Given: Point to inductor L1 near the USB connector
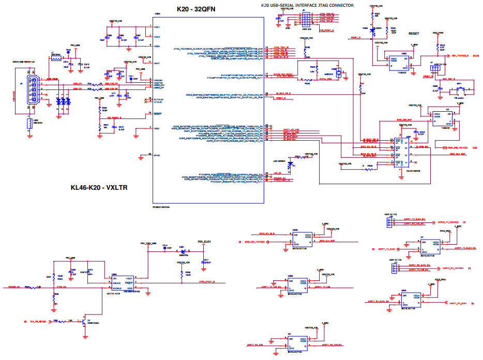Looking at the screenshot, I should point(55,58).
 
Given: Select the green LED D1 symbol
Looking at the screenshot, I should point(290,165).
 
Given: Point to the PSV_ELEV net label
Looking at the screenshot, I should point(204,242).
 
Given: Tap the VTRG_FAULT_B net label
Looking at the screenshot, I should point(206,282).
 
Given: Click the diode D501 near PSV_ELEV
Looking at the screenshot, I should point(183,251).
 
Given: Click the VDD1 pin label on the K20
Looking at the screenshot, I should point(157,26).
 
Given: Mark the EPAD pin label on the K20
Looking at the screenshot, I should point(157,154).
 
